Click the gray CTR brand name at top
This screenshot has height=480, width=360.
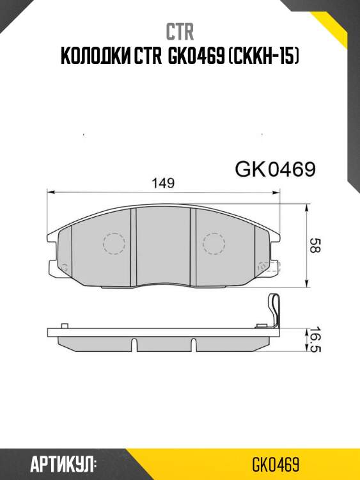[180, 31]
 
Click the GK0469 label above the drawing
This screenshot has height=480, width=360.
[275, 170]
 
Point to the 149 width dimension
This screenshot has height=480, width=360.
[163, 183]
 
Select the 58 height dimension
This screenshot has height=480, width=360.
[313, 246]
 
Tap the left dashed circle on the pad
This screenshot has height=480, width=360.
[113, 244]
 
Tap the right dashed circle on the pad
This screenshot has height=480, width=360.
[214, 244]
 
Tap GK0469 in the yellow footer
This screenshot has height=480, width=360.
[276, 463]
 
